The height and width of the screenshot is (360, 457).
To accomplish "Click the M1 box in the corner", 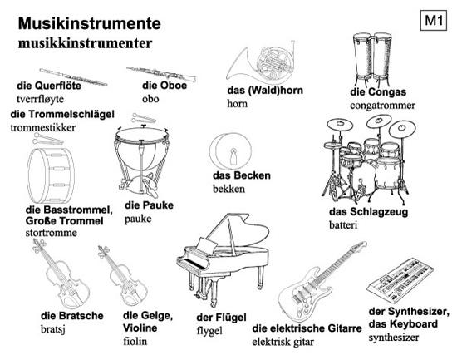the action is click(x=434, y=21).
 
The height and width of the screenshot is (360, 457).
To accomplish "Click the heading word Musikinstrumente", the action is click(x=89, y=23).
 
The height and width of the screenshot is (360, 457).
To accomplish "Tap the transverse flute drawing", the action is click(x=73, y=77).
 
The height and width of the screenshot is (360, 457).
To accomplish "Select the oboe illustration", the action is click(x=161, y=74).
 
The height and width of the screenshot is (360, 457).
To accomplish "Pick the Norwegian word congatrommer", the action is click(x=382, y=105).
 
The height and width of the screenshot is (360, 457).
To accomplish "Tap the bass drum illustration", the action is click(x=51, y=175).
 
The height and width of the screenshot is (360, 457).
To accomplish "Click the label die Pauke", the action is click(x=149, y=205).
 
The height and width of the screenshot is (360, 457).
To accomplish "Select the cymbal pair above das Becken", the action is click(x=230, y=150).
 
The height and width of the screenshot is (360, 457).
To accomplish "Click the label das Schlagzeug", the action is click(x=368, y=212).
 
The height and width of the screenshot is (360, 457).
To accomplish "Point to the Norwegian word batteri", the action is click(x=343, y=225).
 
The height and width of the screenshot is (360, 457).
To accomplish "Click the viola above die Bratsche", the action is click(x=61, y=274).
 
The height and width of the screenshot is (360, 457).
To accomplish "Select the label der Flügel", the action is click(x=221, y=318).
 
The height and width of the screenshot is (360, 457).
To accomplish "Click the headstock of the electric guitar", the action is click(x=359, y=245).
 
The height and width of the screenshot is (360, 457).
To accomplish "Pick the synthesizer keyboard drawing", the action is click(x=400, y=281).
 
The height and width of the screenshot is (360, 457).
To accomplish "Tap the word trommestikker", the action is click(x=43, y=127).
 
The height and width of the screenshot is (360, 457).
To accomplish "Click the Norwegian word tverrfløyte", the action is click(x=40, y=99).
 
